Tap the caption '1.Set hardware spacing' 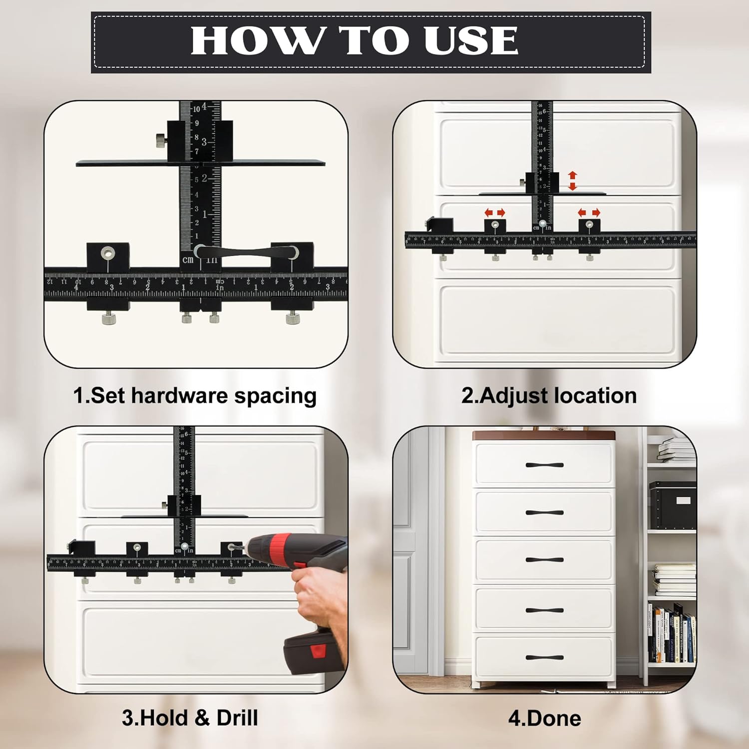tap(195, 395)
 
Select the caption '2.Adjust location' tap(549, 395)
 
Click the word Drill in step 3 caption tap(237, 718)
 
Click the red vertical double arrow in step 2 tap(573, 181)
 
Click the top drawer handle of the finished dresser tap(544, 465)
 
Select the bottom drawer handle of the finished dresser tap(544, 658)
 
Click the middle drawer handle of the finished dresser tap(544, 560)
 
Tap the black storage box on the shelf tap(672, 504)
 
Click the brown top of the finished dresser tap(544, 435)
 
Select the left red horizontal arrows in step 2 tap(494, 213)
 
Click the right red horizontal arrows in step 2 tap(589, 213)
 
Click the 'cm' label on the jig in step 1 tap(188, 260)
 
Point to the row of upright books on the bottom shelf tap(672, 634)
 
